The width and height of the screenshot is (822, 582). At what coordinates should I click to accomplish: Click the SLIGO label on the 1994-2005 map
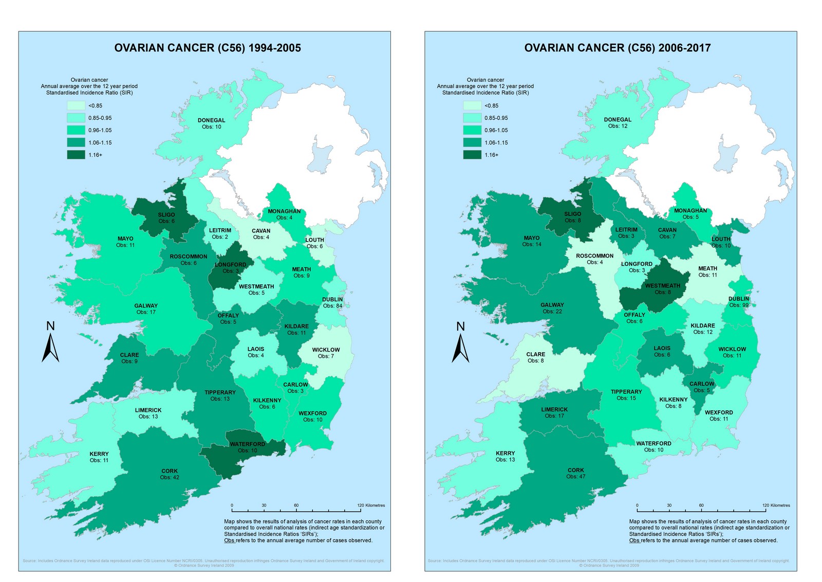pos(166,215)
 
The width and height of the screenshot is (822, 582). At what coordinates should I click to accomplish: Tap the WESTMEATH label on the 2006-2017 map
pos(662,286)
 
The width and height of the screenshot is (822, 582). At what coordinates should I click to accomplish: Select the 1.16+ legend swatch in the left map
pos(76,155)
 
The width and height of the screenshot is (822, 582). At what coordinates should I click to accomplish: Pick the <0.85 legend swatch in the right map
pos(472,105)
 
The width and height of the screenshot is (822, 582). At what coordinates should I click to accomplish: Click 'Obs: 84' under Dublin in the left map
pos(332,306)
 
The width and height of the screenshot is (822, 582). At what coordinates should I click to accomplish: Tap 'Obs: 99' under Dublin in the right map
pos(739,305)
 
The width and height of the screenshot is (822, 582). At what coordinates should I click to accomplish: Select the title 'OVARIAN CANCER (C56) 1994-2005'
pos(208,48)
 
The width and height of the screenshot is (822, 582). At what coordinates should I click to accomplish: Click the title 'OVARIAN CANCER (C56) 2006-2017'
pos(618,48)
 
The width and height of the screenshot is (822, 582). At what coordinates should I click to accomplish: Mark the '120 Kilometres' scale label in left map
pos(371,505)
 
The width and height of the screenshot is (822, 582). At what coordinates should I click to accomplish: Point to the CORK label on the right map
pos(575,470)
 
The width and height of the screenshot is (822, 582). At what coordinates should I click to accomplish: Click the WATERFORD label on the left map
pos(247,444)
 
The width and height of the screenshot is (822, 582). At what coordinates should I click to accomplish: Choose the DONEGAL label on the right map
pos(618,120)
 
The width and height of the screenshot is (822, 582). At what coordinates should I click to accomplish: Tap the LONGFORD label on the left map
pos(230,265)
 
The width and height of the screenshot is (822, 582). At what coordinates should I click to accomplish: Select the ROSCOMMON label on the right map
pos(594,256)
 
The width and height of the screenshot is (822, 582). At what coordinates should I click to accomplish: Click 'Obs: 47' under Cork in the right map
pos(575,477)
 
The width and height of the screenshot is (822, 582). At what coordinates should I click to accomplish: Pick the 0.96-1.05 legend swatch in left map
pos(76,130)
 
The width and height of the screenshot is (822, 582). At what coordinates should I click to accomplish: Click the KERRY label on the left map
pos(99,454)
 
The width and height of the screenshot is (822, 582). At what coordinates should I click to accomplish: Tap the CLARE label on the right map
pos(535,354)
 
